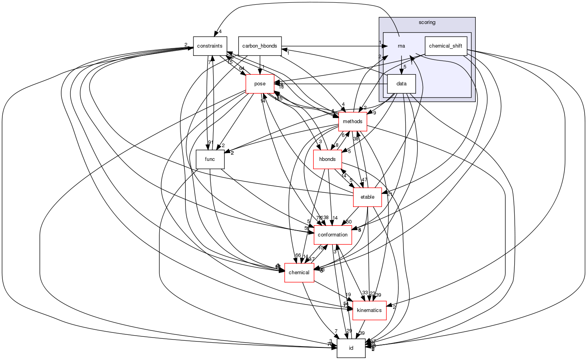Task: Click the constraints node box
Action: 210,46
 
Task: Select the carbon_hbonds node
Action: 259,46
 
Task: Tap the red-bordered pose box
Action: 259,84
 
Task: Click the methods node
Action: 352,122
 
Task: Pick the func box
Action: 210,159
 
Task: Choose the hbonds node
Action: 327,159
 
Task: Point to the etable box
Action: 367,197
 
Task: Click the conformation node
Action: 332,235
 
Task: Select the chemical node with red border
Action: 299,273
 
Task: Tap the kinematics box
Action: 369,310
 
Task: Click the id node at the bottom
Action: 351,348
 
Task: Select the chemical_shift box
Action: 445,46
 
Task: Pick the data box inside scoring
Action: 401,84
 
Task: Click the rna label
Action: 401,46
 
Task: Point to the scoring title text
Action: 427,22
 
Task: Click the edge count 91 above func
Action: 210,142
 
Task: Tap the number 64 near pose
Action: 242,68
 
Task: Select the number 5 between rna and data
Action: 405,67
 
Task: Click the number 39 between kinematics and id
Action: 362,333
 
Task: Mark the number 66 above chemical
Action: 298,256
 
